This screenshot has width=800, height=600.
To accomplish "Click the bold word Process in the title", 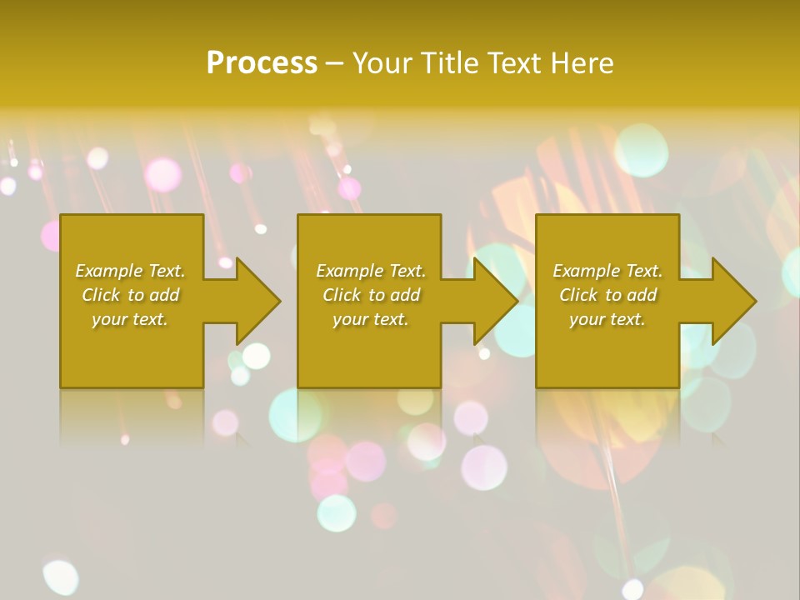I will (262, 63).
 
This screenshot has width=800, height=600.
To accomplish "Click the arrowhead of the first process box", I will (255, 301).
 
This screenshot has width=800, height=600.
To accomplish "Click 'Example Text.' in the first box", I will (130, 271).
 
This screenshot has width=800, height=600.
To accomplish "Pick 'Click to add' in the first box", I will (130, 295).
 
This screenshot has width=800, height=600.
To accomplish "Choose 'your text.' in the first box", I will (130, 319).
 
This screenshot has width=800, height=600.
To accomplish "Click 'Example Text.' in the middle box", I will (370, 271).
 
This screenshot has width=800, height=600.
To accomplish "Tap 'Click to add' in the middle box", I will (370, 295).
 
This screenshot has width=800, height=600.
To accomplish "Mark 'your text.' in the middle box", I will (370, 319).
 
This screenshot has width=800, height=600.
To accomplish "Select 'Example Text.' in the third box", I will (607, 271).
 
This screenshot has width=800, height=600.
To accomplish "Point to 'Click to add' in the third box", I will (607, 295).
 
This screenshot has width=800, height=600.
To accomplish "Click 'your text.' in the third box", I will (607, 319).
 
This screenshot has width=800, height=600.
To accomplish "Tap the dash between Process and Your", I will (335, 63).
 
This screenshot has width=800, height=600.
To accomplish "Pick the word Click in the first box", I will (100, 295).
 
